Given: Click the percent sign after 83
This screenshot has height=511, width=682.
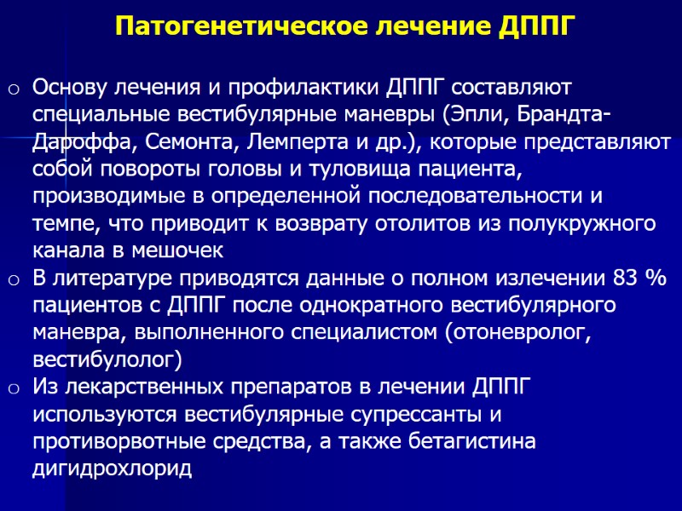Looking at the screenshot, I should [657, 278].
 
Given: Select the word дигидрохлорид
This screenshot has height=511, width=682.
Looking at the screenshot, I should [112, 469].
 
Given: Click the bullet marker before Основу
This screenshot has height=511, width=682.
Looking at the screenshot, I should [14, 89].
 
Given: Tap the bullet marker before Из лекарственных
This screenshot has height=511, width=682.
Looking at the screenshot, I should [14, 388].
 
